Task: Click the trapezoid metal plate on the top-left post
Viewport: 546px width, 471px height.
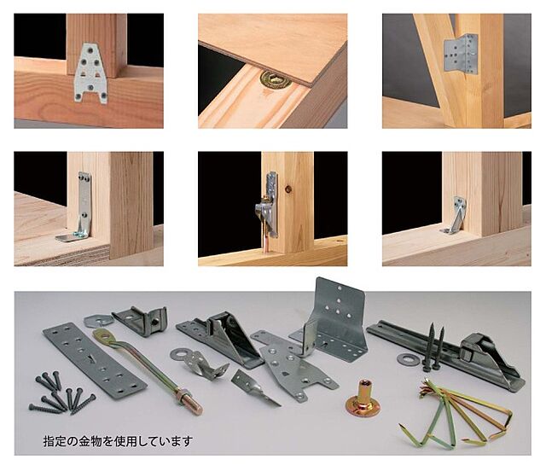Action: click(x=90, y=73)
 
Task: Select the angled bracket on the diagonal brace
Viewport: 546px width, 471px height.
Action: click(x=461, y=54)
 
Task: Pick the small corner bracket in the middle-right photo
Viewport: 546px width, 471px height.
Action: click(x=456, y=216)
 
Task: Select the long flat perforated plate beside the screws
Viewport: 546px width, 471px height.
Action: click(x=95, y=361)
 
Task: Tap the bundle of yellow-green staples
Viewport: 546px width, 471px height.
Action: click(x=456, y=415)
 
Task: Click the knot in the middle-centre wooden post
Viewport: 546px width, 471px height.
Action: click(x=288, y=189)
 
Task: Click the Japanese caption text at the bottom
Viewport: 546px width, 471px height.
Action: click(x=118, y=441)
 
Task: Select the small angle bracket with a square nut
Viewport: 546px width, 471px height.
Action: click(x=141, y=320)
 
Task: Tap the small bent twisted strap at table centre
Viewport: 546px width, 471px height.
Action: click(x=254, y=387)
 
